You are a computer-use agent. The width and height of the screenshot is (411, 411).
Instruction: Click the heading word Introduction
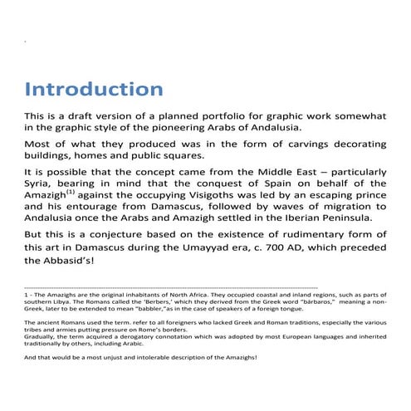click(x=93, y=89)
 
